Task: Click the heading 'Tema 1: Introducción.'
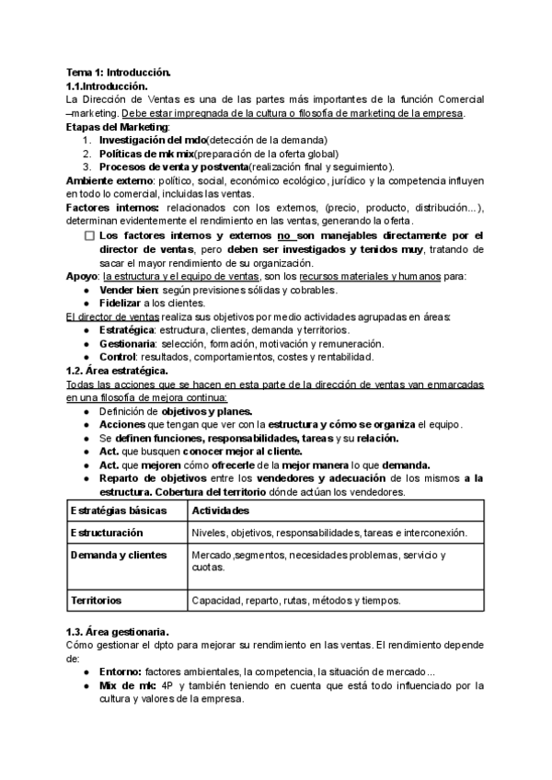tap(118, 72)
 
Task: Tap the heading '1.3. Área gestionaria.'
tap(117, 632)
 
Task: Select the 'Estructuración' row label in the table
tap(107, 533)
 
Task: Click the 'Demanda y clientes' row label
tap(119, 555)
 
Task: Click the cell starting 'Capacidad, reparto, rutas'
tap(295, 600)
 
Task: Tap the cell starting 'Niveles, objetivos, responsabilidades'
tap(329, 533)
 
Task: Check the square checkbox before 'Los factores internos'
tap(88, 235)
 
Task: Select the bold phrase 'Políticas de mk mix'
tap(146, 153)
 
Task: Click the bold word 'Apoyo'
tap(84, 276)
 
